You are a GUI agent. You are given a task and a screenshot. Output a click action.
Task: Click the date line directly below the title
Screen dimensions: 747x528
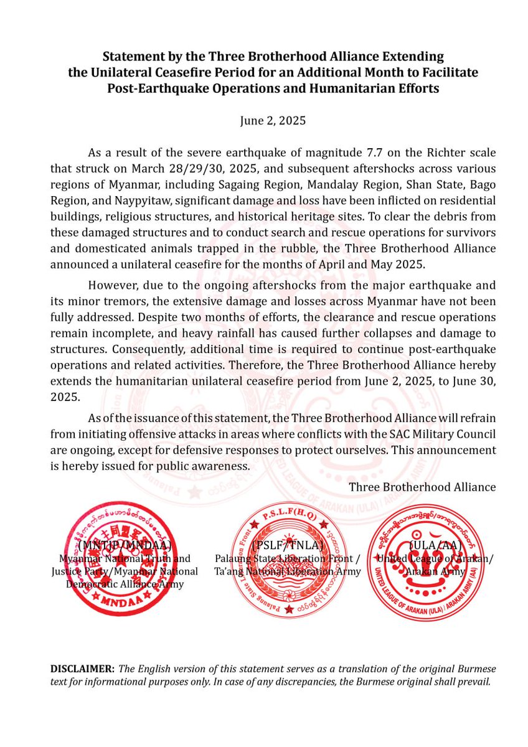click(273, 121)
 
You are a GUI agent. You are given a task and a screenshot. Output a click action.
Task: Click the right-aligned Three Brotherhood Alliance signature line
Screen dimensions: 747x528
click(422, 487)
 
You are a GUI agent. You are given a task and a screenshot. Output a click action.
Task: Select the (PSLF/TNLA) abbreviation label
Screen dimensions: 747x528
click(287, 545)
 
